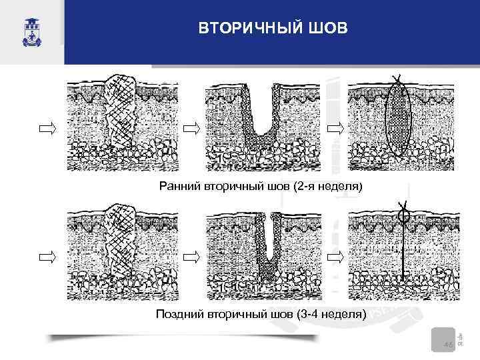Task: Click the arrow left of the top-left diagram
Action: pyautogui.click(x=48, y=128)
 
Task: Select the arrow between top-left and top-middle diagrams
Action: pyautogui.click(x=192, y=128)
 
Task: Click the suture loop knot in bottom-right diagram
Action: pyautogui.click(x=403, y=215)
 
